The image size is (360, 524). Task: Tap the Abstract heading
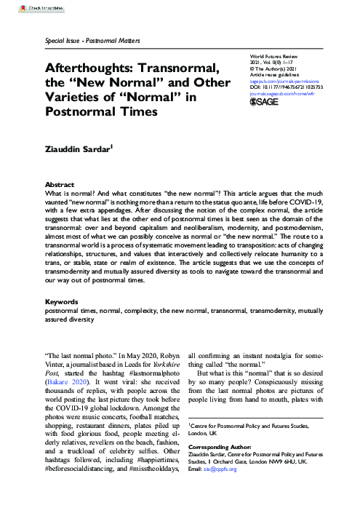click(x=60, y=186)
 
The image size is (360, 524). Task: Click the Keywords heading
click(x=61, y=321)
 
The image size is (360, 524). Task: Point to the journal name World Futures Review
click(x=273, y=55)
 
